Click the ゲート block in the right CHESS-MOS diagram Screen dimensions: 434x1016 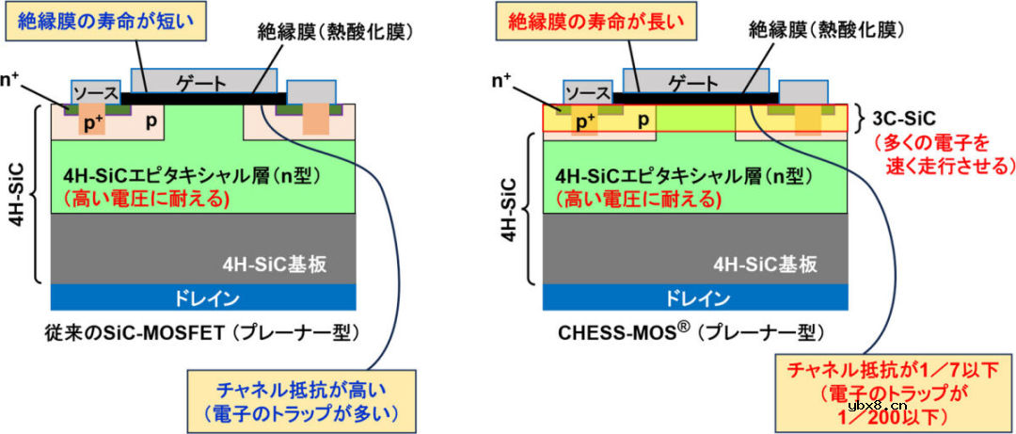click(699, 82)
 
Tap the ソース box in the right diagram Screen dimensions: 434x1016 click(587, 92)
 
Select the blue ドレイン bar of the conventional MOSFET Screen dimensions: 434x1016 click(202, 298)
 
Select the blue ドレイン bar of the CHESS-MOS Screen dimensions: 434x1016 click(695, 298)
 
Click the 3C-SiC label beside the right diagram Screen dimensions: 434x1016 click(902, 119)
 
